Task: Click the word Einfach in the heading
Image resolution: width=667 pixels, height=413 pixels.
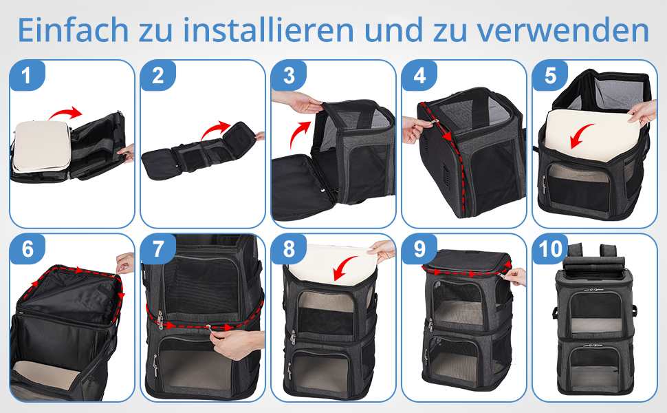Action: tap(73, 30)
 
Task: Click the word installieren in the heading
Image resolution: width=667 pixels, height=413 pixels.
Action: tap(269, 30)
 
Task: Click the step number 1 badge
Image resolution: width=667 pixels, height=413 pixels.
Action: tap(27, 75)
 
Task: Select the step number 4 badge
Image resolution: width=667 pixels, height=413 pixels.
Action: tap(419, 75)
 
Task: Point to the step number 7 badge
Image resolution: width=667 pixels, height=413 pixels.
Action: tap(158, 248)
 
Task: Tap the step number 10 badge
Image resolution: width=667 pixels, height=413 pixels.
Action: tap(550, 248)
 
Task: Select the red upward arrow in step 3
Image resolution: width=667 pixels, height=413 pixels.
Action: tap(298, 132)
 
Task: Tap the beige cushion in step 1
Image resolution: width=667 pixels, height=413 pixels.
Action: tap(40, 146)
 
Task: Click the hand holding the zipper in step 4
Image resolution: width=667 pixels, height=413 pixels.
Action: tap(415, 129)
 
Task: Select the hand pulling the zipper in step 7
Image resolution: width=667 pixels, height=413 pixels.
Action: tap(236, 343)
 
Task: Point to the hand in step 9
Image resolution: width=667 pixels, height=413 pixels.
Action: tap(516, 277)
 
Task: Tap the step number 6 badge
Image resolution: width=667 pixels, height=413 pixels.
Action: tap(27, 248)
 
